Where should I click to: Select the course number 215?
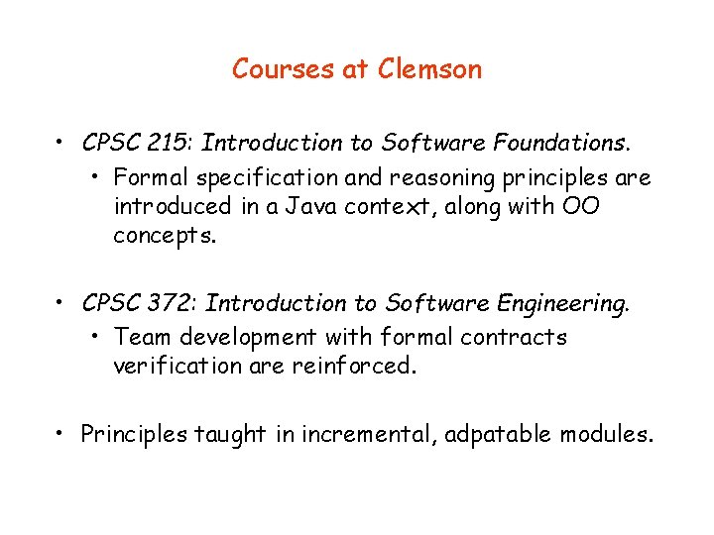168,143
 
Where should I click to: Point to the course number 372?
170,303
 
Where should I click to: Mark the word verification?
174,366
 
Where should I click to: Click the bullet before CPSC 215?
61,144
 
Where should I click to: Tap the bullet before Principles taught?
61,434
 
